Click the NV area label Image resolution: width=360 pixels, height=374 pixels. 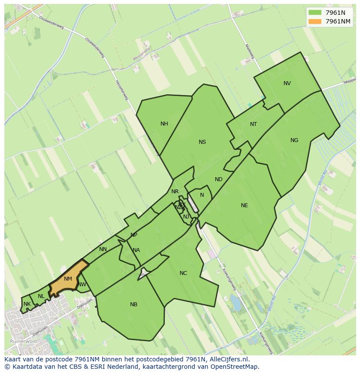point(287,83)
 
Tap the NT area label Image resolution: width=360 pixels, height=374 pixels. point(253,124)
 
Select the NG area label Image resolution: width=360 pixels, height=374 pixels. point(294,140)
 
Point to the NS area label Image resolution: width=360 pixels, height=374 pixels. point(202,142)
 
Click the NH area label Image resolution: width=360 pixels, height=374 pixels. point(164,124)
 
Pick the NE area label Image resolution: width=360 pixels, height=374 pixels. point(244,205)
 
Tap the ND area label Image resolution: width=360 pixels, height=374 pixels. point(219,179)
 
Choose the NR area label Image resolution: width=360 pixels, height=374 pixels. point(175,192)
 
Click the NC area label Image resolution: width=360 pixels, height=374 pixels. point(183,273)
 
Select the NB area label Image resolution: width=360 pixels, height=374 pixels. point(133,304)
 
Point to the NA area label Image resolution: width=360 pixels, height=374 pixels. point(136,250)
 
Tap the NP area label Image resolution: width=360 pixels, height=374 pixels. point(134,235)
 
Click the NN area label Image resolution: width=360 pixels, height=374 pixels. point(103,249)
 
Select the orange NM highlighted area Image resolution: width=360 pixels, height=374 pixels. point(68,279)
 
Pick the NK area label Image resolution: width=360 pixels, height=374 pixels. point(27,304)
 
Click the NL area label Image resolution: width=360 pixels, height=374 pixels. point(41,296)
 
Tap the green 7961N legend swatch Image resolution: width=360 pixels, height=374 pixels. point(315,13)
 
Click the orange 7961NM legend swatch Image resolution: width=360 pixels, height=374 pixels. point(315,21)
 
